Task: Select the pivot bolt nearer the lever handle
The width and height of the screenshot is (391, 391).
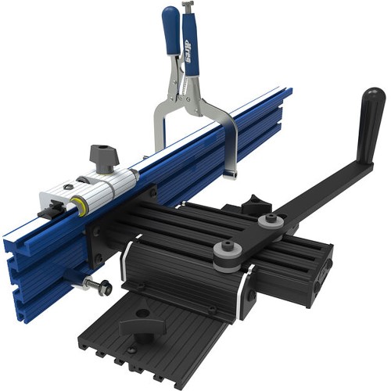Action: coord(270,222)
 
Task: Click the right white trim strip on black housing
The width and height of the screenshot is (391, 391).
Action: coord(249,278)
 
